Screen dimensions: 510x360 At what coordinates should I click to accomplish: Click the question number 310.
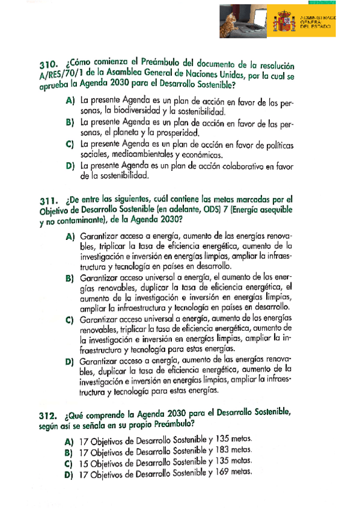pos(47,64)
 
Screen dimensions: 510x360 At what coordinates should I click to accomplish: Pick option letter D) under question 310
pos(70,165)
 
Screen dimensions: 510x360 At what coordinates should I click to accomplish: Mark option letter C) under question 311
pos(70,318)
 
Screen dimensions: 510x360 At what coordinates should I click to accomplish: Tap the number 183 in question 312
pos(224,450)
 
